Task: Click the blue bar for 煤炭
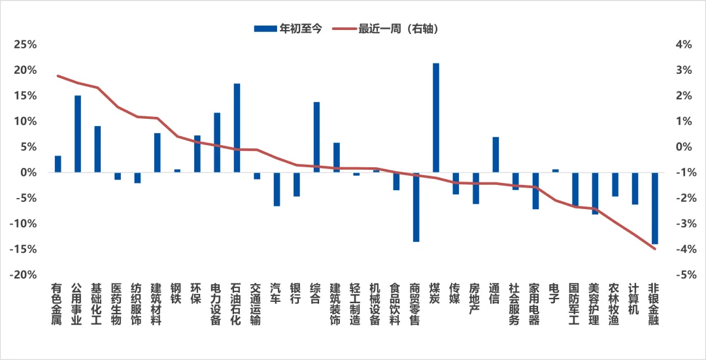[x=436, y=118]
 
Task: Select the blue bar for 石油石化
[x=237, y=128]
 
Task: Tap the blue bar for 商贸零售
[x=416, y=207]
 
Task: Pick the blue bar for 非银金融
[x=654, y=208]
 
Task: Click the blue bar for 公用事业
[x=78, y=134]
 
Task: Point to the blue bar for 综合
[x=316, y=137]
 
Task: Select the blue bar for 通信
[x=496, y=155]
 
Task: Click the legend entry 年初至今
[x=288, y=29]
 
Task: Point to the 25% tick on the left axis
[x=25, y=44]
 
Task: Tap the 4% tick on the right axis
[x=683, y=44]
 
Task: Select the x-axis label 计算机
[x=634, y=299]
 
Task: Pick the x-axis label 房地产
[x=475, y=299]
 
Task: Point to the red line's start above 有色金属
[x=58, y=76]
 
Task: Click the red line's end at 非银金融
[x=654, y=249]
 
